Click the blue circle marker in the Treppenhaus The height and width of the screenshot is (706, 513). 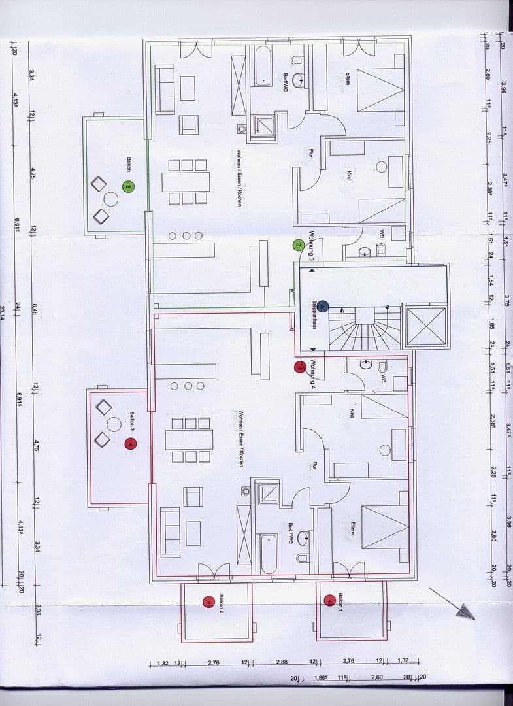tap(323, 305)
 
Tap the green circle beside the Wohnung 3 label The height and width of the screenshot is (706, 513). tap(297, 245)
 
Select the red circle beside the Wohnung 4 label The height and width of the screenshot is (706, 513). tap(299, 367)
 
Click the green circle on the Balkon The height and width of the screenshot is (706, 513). tap(129, 187)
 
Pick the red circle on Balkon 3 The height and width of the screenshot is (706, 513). tap(130, 445)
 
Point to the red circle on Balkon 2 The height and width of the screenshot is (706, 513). tap(208, 602)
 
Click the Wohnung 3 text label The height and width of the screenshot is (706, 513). tap(312, 246)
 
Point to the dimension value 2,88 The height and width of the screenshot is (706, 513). tap(281, 662)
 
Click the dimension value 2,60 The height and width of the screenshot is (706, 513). tap(377, 677)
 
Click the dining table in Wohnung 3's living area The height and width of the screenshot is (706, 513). tap(186, 181)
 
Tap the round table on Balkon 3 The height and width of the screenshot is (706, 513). tap(114, 424)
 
